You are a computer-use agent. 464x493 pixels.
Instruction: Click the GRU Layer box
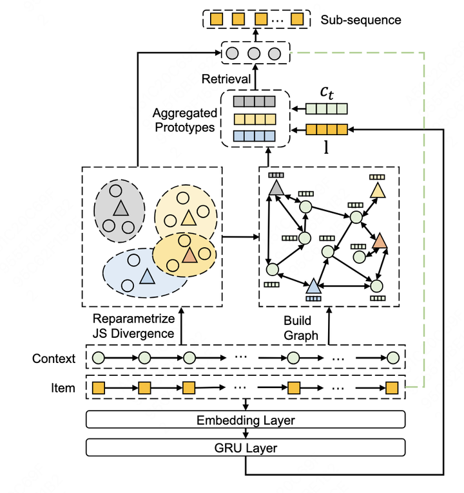(246, 447)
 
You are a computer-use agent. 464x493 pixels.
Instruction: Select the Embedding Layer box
(246, 420)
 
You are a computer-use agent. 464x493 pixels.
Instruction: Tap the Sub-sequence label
(360, 20)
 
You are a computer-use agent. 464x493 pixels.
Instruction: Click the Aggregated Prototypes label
(184, 120)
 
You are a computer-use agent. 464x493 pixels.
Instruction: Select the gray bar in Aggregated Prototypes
(253, 101)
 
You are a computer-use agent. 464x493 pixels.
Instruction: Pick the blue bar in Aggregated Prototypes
(253, 136)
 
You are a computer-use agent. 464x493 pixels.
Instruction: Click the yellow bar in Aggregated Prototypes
(253, 118)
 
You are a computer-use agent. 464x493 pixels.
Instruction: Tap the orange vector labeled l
(326, 130)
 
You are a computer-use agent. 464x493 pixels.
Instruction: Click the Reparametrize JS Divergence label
(133, 326)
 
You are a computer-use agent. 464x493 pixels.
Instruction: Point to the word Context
(53, 358)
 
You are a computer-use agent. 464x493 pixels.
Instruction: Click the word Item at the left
(63, 388)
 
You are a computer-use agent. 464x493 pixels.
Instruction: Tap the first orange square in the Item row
(99, 388)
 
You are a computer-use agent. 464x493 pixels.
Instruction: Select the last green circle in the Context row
(392, 358)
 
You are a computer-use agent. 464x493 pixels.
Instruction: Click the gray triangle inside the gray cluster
(120, 209)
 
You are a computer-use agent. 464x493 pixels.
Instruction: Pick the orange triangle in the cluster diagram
(188, 256)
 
